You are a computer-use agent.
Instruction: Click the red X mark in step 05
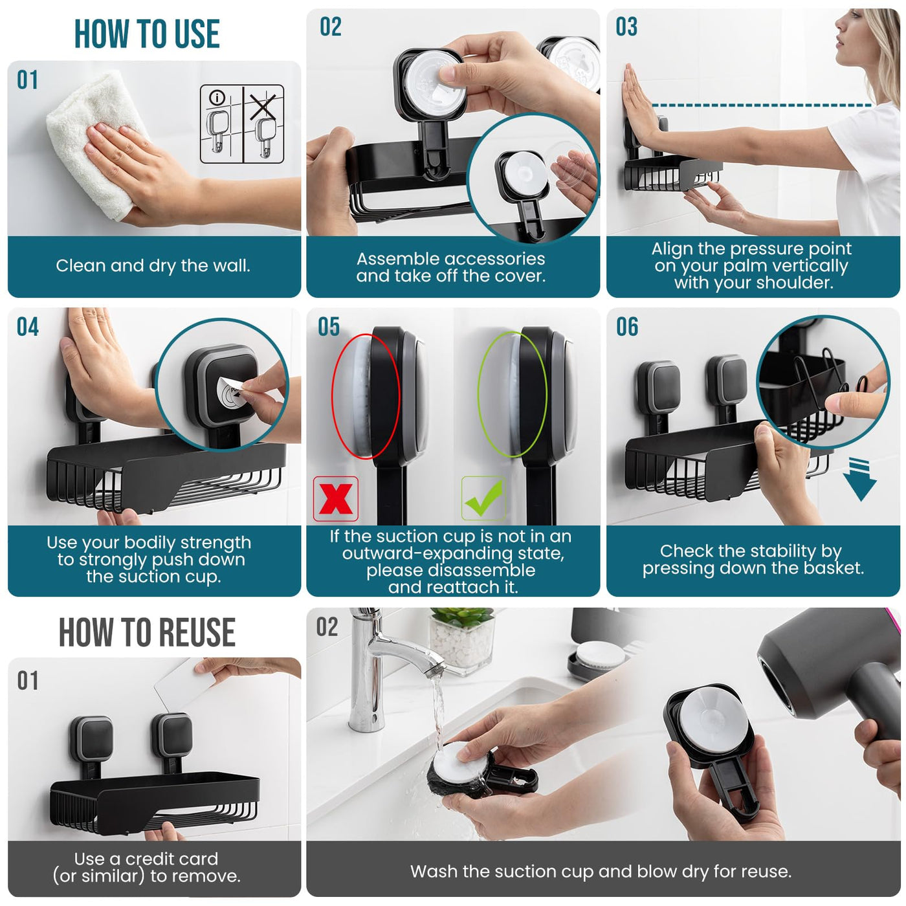pyautogui.click(x=335, y=498)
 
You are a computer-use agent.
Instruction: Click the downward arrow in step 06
pyautogui.click(x=859, y=479)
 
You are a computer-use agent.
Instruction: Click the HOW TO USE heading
pyautogui.click(x=147, y=34)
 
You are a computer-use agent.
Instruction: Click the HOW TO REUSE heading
pyautogui.click(x=147, y=632)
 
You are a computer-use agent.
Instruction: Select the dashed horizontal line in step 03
pyautogui.click(x=762, y=105)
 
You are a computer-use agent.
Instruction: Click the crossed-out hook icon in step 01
pyautogui.click(x=264, y=125)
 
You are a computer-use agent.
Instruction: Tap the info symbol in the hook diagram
pyautogui.click(x=217, y=98)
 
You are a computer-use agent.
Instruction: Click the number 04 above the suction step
pyautogui.click(x=28, y=327)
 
